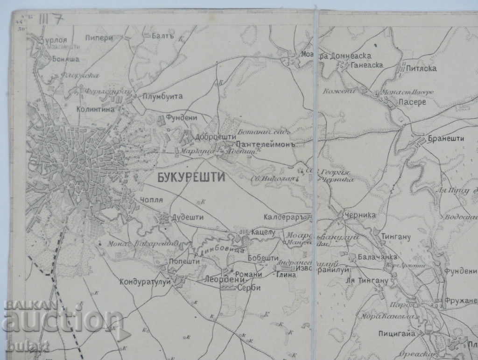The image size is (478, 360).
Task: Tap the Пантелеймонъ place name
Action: [267, 144]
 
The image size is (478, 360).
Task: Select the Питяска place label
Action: [422, 69]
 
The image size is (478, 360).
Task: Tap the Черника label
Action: [360, 216]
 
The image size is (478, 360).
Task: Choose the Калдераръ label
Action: [287, 217]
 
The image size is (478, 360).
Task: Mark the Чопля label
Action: [151, 200]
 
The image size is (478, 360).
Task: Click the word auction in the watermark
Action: [63, 321]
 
